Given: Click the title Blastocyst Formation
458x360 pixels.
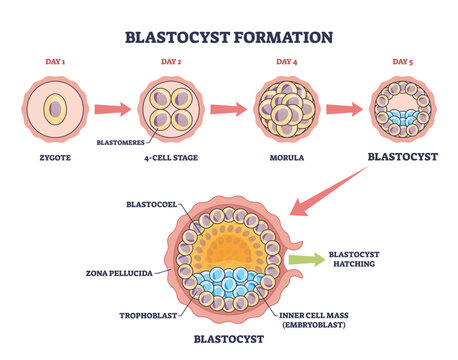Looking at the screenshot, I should (x=228, y=38).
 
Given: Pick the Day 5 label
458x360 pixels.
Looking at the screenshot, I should (x=400, y=64).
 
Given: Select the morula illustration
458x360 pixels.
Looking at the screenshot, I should (x=285, y=109).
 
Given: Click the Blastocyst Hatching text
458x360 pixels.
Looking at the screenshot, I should (x=358, y=260).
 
